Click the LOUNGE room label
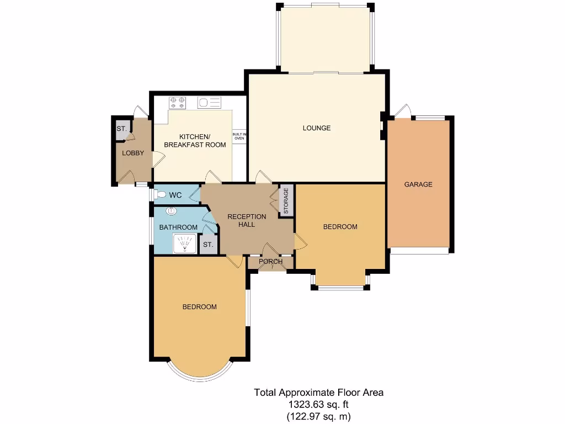coord(317,128)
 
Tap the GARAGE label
coord(418,184)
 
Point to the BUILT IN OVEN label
coord(239,136)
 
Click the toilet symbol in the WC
coord(160,194)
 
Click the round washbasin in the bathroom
coord(171,210)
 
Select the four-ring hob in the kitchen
coord(178,102)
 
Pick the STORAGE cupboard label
coord(286,201)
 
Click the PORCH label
coord(270,261)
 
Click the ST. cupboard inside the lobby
coord(121,129)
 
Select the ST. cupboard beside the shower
coord(208,245)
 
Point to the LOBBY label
coord(133,153)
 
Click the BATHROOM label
coord(178,227)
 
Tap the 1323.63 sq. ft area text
coord(318,404)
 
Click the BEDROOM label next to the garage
coord(340,226)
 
